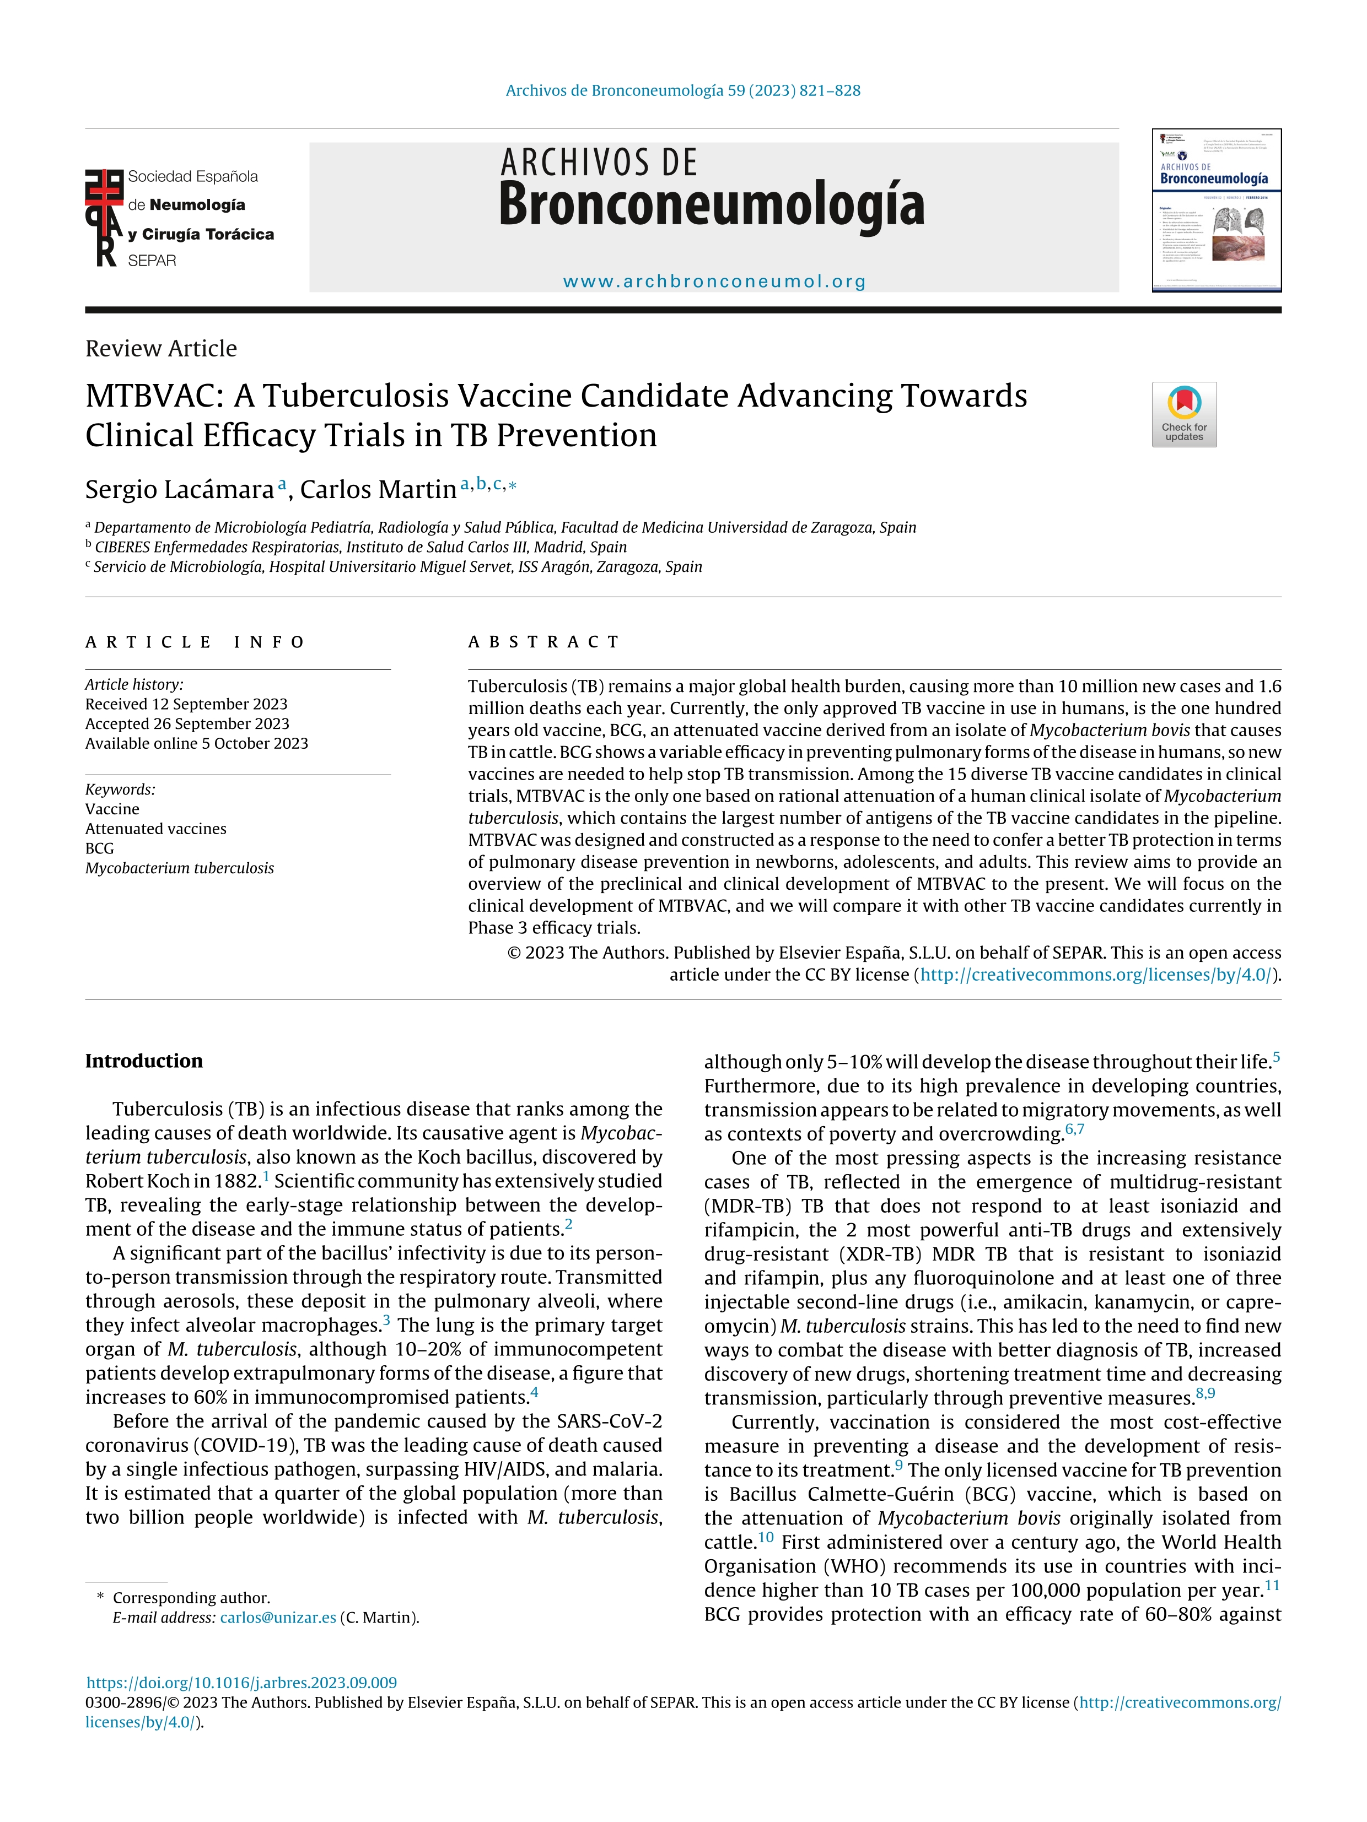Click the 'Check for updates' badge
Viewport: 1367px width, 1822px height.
1183,414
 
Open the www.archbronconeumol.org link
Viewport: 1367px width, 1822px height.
714,282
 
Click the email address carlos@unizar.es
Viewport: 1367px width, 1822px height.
278,1617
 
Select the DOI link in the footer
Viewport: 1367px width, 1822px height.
241,1682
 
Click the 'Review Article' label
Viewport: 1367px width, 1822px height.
161,348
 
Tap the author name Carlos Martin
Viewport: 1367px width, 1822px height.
378,489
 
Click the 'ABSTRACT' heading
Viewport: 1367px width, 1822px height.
544,642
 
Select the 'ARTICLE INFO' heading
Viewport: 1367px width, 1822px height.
195,642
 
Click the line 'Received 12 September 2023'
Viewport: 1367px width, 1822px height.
186,704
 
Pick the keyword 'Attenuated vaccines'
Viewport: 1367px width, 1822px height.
156,829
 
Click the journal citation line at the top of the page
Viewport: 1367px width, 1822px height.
682,90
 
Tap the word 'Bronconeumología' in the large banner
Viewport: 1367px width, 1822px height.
712,204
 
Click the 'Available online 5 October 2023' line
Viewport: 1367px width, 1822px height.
196,743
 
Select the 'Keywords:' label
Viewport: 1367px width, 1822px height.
120,789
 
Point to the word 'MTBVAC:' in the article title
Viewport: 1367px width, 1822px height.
154,396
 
